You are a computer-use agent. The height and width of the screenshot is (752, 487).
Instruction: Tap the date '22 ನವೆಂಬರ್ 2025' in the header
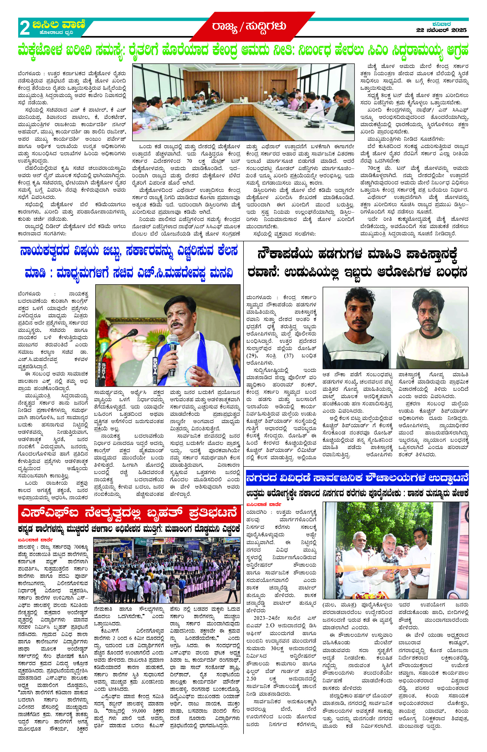click(441, 30)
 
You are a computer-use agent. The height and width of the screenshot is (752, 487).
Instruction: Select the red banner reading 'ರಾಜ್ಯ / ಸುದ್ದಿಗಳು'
click(249, 26)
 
